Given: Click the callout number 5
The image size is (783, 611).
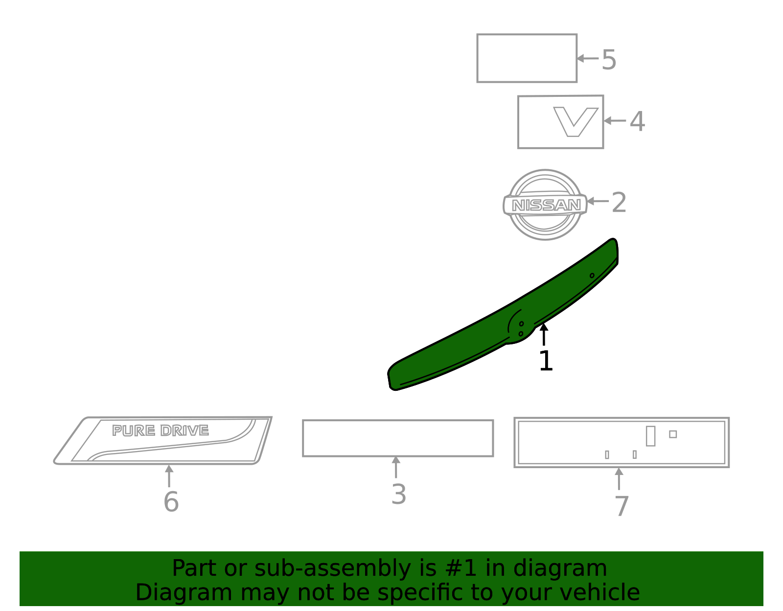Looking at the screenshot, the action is [x=609, y=60].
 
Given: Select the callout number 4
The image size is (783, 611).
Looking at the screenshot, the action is [x=637, y=121].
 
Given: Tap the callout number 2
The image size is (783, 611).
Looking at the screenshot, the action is [x=619, y=203].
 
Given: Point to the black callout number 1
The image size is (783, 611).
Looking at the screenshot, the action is [x=546, y=361].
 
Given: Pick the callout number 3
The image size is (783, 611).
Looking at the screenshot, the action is [x=399, y=495].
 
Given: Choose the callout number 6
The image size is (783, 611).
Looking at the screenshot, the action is [x=171, y=502].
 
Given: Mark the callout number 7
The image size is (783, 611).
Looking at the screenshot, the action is [x=622, y=506].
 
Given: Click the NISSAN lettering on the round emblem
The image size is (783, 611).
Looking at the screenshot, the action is [x=546, y=205].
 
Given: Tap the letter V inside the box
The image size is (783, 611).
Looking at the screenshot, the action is [x=576, y=122].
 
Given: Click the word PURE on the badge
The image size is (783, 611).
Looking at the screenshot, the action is [x=134, y=430].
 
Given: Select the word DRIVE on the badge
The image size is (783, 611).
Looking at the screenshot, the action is [x=184, y=430].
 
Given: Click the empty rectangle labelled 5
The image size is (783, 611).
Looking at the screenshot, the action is [x=527, y=58].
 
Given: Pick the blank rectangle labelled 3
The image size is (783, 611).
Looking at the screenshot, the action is [x=398, y=438].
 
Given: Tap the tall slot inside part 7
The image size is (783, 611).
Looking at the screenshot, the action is [x=650, y=436].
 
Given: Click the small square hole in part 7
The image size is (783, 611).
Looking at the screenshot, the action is [x=673, y=434].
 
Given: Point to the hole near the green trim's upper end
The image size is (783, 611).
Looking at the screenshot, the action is [x=592, y=275].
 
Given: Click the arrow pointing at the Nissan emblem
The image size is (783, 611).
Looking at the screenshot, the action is [x=598, y=201].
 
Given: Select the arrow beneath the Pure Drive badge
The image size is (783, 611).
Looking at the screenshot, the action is [x=169, y=476].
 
